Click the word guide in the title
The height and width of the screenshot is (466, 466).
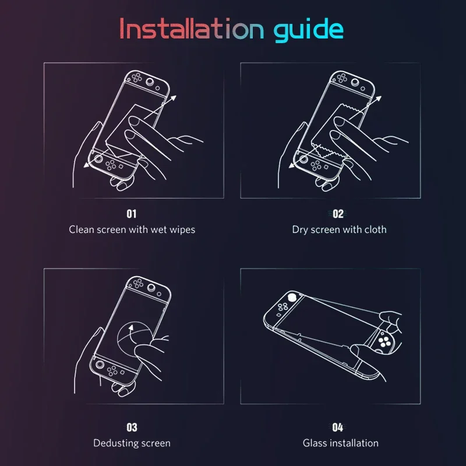309,29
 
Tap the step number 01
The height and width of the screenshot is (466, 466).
132,214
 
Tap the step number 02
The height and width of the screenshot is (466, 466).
338,214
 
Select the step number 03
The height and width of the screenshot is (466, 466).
132,428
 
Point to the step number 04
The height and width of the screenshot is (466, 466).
338,428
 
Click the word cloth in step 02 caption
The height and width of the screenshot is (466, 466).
375,230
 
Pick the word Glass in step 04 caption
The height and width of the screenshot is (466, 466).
315,443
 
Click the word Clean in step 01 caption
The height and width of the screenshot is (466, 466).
82,230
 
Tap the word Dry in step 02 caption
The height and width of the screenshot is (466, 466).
300,230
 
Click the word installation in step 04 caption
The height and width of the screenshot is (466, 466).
354,443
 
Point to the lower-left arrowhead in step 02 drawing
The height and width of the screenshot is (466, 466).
292,165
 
